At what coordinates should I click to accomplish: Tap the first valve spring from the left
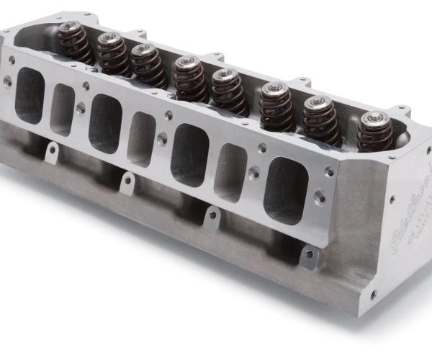73,42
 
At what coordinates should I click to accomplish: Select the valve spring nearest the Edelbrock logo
375,132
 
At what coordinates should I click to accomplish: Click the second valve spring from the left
112,52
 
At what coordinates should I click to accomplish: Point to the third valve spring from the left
148,65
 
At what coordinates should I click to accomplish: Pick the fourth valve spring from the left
189,77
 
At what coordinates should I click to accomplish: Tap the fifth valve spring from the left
228,89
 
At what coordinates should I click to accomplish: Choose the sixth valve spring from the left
276,105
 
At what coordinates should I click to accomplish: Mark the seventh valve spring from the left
320,117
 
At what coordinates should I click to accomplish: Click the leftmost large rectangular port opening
30,96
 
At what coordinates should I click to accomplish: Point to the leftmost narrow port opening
63,109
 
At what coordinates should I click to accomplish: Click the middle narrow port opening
142,139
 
